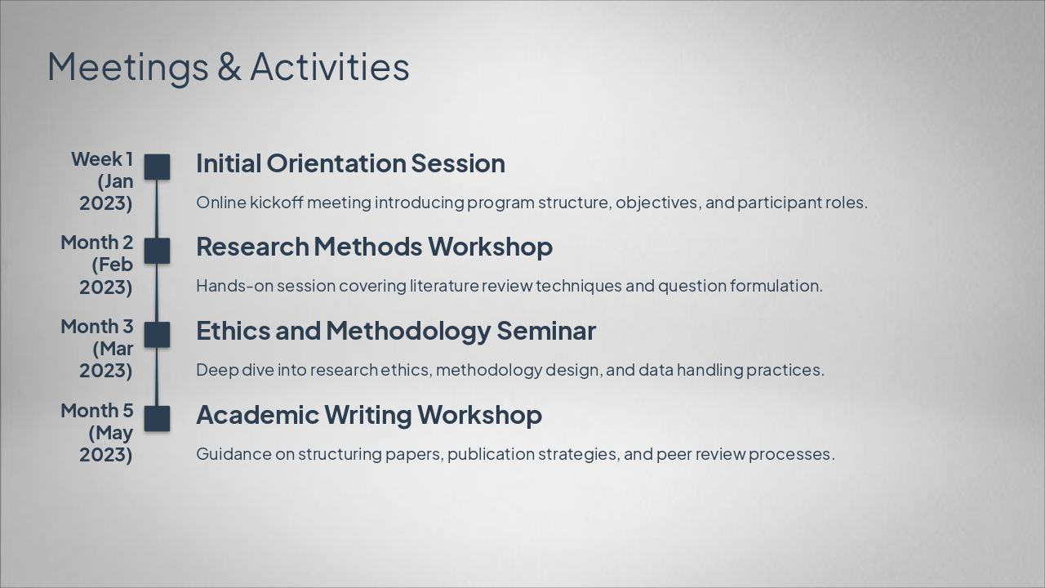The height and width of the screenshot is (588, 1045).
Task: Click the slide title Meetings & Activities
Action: [228, 67]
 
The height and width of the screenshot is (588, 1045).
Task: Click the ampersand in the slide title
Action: [229, 66]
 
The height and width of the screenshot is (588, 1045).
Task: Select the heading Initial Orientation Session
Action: [350, 163]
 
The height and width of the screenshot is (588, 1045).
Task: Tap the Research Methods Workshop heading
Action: [374, 247]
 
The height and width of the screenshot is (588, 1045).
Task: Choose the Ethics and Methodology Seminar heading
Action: [396, 331]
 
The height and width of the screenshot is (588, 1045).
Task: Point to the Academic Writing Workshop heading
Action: [369, 415]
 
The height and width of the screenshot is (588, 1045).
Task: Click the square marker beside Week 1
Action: [157, 167]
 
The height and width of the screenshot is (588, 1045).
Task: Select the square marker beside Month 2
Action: [157, 251]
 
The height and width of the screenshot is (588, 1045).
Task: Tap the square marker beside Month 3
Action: [157, 335]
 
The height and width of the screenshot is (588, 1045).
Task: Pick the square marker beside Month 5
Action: [157, 419]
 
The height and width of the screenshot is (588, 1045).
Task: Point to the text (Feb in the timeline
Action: [113, 265]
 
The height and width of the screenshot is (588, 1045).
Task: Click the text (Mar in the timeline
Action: [113, 349]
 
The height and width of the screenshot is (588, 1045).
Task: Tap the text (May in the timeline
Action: [111, 434]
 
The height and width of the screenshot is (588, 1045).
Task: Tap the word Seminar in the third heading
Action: [546, 331]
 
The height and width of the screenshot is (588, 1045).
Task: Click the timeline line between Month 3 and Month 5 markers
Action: [157, 376]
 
